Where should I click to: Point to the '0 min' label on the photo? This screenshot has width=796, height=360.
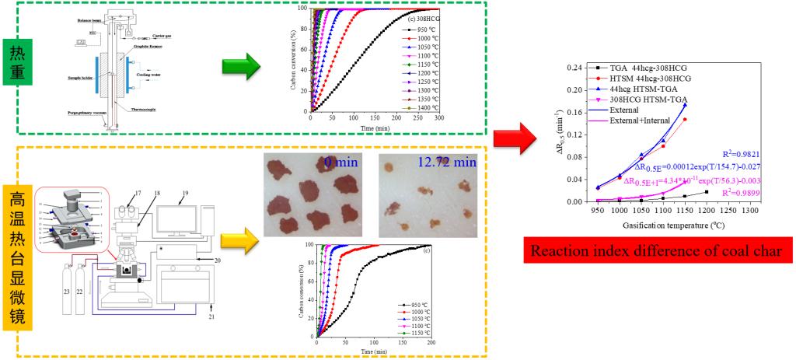click(340, 163)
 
